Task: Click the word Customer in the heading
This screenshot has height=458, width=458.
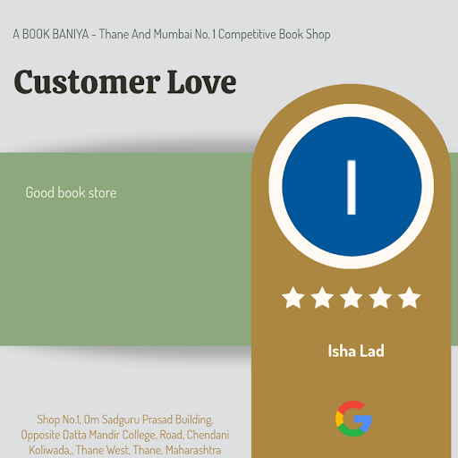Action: (x=87, y=82)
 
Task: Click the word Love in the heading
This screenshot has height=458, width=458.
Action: (x=202, y=82)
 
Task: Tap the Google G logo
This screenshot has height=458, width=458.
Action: (x=353, y=419)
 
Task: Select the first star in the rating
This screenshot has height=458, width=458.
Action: (x=293, y=297)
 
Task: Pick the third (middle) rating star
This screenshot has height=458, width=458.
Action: (x=352, y=297)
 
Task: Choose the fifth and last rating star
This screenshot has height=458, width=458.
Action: (x=410, y=297)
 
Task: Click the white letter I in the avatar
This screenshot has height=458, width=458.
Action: (x=352, y=187)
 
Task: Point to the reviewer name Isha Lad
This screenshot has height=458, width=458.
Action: (x=356, y=351)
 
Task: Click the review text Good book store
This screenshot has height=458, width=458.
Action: (x=71, y=192)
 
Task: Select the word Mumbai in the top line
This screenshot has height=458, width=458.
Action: (x=173, y=34)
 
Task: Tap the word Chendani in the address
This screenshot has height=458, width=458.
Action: (x=208, y=435)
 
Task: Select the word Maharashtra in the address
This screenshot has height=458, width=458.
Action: (x=193, y=450)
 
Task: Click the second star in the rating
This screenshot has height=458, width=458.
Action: (x=322, y=297)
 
